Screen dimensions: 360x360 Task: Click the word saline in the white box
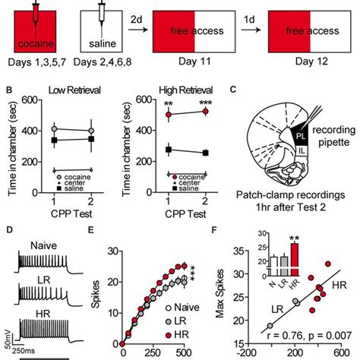(x=106, y=34)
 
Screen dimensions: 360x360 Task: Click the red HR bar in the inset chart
(x=294, y=256)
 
